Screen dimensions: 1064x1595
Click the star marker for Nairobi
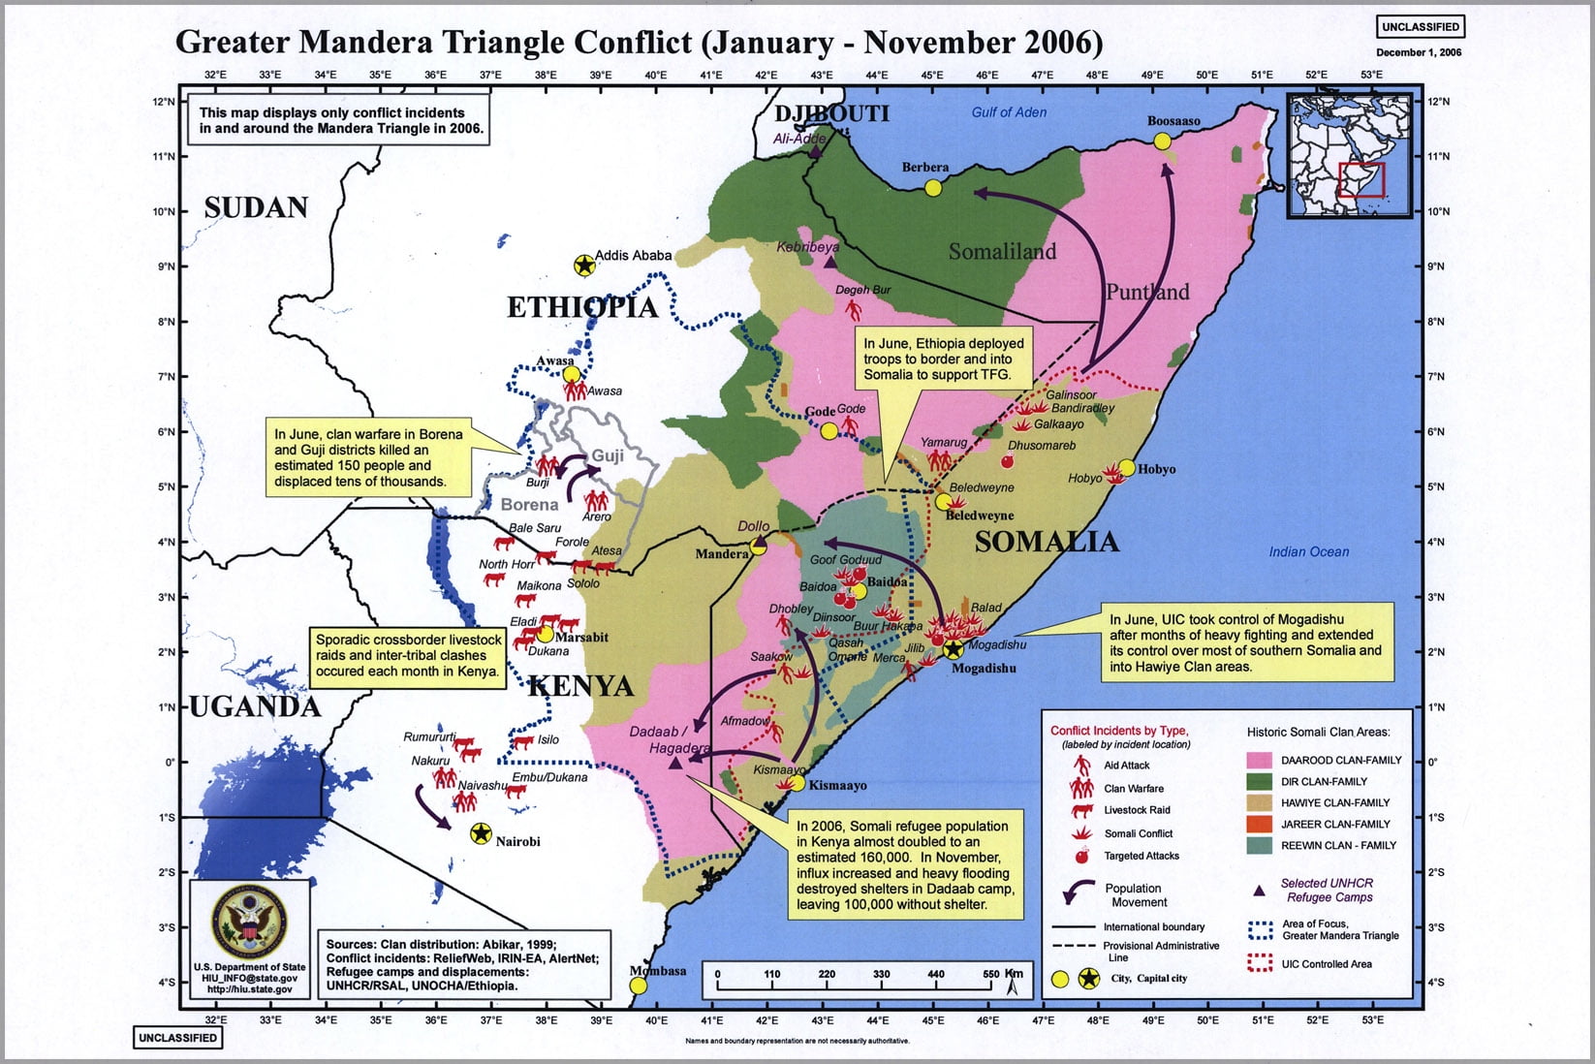(x=481, y=833)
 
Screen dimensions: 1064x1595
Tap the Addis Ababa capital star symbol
(x=584, y=266)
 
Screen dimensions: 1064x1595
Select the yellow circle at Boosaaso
(x=1163, y=141)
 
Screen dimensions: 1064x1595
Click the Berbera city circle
(x=933, y=188)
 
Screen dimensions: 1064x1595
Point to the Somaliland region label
(x=1002, y=252)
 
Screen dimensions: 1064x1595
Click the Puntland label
(x=1147, y=292)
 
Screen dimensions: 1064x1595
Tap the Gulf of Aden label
(x=1009, y=112)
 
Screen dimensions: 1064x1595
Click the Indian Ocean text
(x=1308, y=551)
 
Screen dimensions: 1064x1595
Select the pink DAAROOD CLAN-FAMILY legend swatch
(x=1259, y=760)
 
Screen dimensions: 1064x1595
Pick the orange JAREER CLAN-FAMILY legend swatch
(x=1259, y=824)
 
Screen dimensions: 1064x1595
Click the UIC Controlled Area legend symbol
(x=1259, y=963)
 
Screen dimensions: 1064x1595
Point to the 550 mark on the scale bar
(x=990, y=974)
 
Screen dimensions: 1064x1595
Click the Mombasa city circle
(x=639, y=986)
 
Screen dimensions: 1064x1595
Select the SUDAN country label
(x=256, y=207)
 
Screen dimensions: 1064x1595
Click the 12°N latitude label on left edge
(x=163, y=102)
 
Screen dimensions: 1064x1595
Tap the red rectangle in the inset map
(x=1361, y=180)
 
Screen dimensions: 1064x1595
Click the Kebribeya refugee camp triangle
(x=829, y=263)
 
